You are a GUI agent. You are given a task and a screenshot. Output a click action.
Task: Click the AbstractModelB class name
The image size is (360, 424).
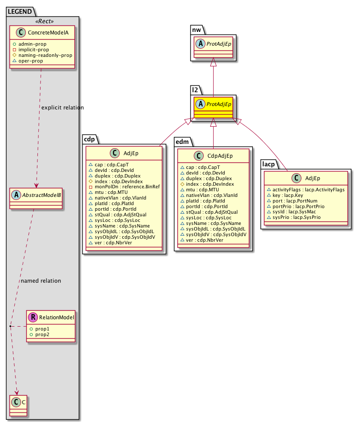point(40,193)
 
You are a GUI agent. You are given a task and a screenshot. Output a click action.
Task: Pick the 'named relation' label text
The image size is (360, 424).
point(41,281)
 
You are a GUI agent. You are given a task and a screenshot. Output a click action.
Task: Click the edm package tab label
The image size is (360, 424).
point(182,141)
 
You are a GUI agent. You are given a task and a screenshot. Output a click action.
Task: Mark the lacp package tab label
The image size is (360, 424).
point(270,163)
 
